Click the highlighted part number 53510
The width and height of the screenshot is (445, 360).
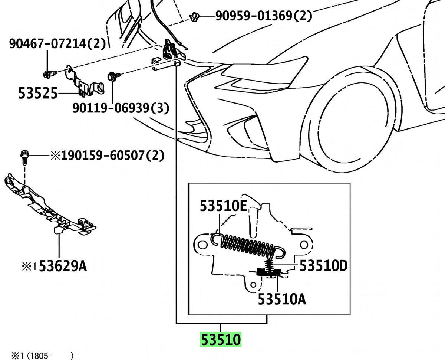coord(221,340)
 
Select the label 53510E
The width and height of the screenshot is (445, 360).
coord(224,206)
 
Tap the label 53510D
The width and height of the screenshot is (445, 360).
coord(324,266)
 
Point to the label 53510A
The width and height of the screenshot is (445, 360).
coord(282,300)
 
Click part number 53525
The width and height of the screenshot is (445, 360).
coord(38,93)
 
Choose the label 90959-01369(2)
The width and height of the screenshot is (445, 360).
coord(264,16)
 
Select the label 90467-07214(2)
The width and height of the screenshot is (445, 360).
coord(57,44)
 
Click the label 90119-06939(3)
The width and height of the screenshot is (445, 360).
coord(121,108)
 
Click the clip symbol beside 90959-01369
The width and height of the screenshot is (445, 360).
coord(194,17)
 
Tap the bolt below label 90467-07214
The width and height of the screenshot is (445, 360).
coord(50,74)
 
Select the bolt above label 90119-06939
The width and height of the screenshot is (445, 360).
coord(114,76)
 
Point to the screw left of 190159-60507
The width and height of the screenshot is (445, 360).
coord(24,157)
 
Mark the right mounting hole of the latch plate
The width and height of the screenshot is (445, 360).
coord(304,245)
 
